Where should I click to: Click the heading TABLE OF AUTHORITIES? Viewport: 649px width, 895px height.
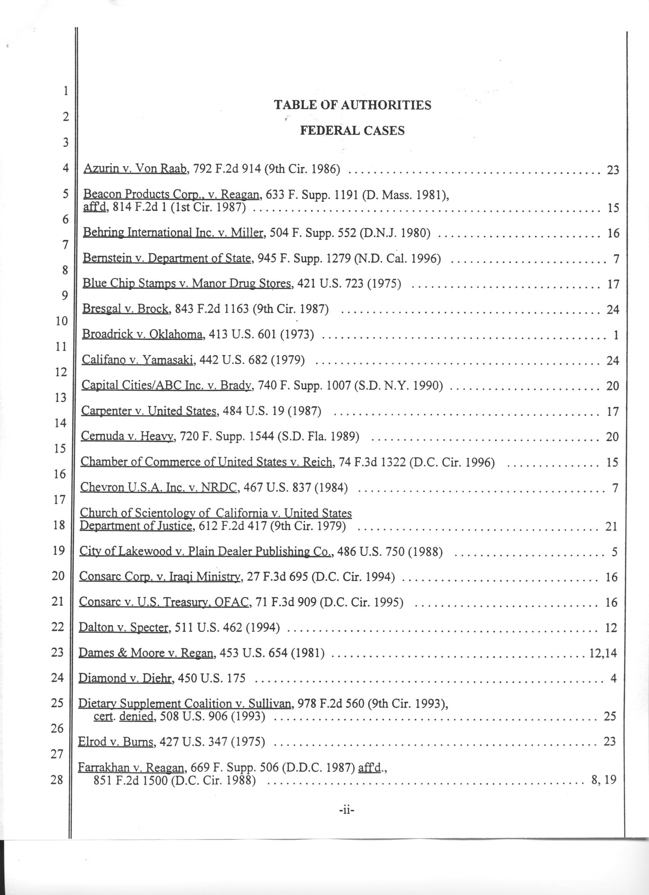(352, 105)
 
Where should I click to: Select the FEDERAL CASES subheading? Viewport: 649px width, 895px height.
(352, 130)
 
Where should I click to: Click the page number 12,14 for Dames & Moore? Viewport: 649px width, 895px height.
(602, 653)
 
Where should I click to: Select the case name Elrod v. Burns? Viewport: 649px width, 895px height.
(116, 742)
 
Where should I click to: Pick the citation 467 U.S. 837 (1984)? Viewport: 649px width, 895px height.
(295, 488)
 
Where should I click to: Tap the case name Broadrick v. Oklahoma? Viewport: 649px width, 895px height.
(143, 335)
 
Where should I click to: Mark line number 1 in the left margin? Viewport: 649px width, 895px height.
(65, 91)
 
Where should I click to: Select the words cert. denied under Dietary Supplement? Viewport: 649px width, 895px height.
(123, 716)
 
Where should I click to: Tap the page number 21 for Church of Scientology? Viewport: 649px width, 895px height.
(611, 526)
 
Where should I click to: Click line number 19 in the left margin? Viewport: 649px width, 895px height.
(58, 550)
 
